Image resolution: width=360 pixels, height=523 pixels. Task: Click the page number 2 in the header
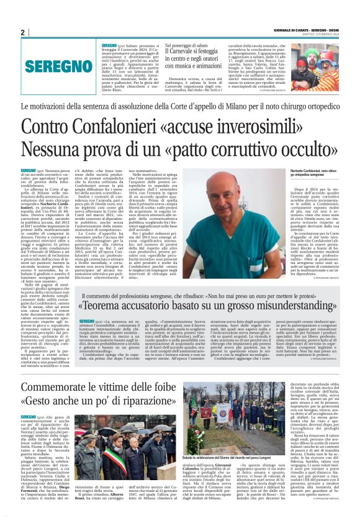click(x=22, y=32)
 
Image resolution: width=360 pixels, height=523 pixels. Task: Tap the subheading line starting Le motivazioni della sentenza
click(x=180, y=107)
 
